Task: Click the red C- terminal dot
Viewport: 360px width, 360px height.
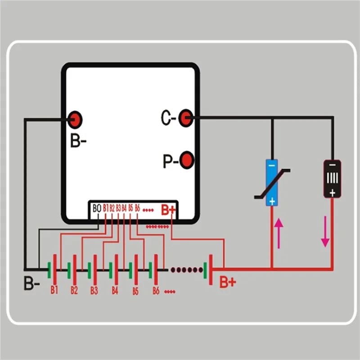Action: (185, 118)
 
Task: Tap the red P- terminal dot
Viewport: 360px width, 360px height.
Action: (187, 160)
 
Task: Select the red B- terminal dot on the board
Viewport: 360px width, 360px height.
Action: (75, 120)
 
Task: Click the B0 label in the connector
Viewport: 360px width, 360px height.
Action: (97, 208)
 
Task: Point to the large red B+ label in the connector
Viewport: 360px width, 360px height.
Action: (168, 210)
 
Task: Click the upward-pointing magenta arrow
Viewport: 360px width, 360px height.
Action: (279, 233)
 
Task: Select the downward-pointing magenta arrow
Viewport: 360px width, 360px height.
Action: (325, 231)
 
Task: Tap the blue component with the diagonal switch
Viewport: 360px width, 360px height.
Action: (272, 183)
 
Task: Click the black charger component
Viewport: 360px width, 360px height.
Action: (332, 179)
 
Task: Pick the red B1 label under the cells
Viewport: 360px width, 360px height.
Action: (54, 290)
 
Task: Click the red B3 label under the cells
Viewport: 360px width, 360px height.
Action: (94, 290)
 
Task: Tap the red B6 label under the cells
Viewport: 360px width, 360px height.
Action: (156, 291)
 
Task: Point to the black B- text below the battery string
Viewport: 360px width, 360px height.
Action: (31, 283)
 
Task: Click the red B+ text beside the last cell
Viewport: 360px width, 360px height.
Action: (228, 282)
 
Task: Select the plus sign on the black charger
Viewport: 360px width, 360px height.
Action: (332, 193)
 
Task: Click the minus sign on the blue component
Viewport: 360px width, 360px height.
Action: (272, 166)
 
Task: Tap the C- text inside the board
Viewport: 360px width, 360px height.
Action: (168, 118)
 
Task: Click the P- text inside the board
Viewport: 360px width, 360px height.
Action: (171, 161)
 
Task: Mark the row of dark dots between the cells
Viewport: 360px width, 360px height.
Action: (187, 270)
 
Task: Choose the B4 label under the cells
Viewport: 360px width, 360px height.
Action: (115, 290)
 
